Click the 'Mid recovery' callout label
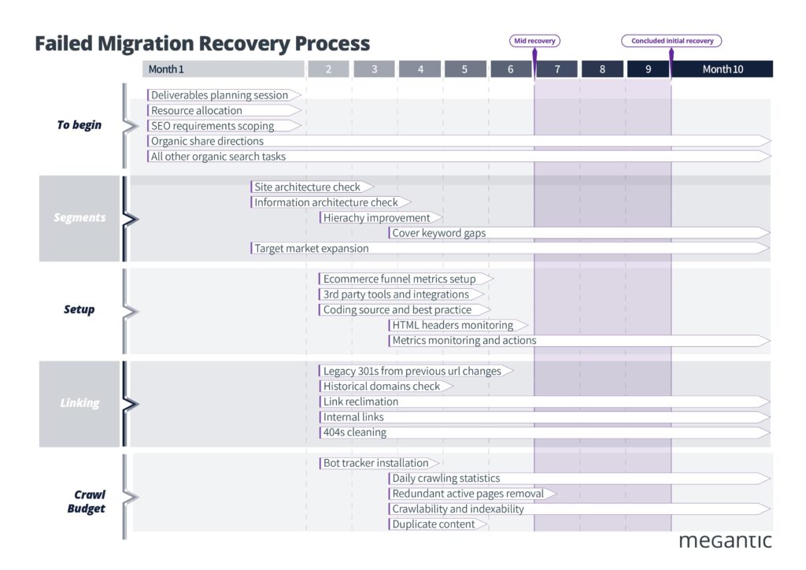(534, 41)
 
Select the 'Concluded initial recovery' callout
(671, 41)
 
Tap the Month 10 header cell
(722, 69)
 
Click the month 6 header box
(510, 69)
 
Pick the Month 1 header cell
(223, 69)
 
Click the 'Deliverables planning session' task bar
(220, 95)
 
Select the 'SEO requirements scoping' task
(213, 126)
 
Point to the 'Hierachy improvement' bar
(377, 218)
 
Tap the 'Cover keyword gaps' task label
(439, 233)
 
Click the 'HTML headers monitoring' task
(453, 325)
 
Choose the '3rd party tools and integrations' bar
(396, 294)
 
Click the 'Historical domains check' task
(382, 387)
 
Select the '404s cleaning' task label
(355, 432)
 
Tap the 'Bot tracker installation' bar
(376, 463)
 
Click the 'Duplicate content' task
(434, 524)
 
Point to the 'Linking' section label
(79, 403)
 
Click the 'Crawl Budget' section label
(88, 502)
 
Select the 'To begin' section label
(79, 125)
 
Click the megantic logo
(724, 541)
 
